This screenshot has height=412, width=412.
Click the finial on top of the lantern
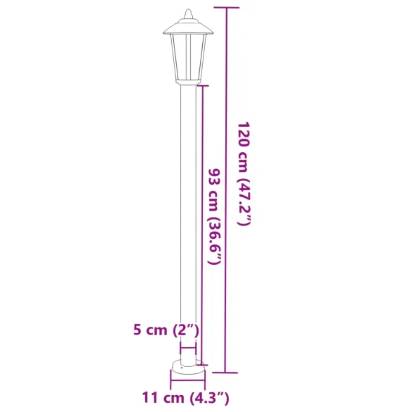tap(188, 13)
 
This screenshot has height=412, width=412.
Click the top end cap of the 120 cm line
tap(225, 8)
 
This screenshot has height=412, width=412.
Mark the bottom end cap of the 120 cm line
tap(225, 372)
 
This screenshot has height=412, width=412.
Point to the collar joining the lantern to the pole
tap(188, 82)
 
